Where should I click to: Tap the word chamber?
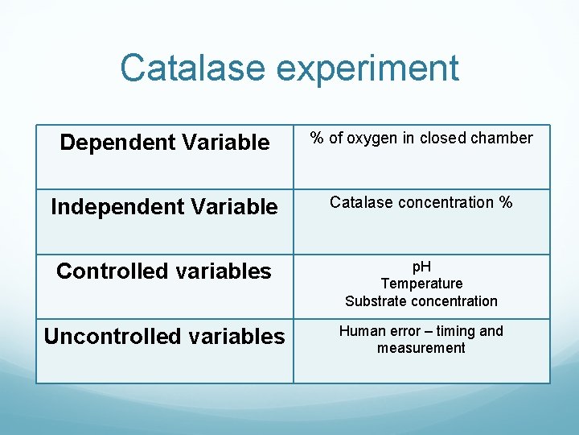point(502,138)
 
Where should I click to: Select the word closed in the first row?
point(444,138)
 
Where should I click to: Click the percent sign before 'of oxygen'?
point(317,138)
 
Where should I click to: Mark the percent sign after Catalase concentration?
point(505,202)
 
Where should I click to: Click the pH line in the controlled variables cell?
point(421,267)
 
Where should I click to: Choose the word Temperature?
point(421,284)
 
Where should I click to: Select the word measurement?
point(421,348)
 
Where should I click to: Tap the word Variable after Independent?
point(233,207)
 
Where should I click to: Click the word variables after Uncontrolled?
point(236,336)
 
